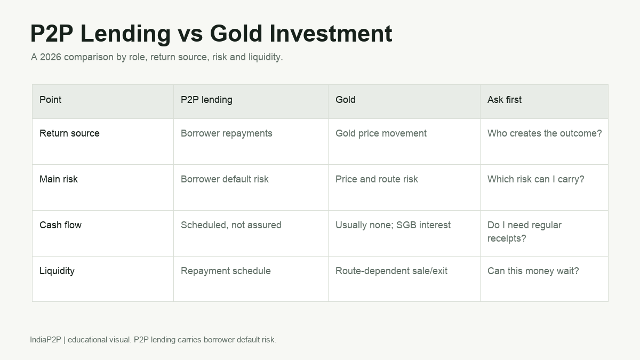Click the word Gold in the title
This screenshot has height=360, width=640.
click(x=236, y=34)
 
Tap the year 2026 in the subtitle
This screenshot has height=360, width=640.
click(x=51, y=57)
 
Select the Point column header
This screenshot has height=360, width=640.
click(x=50, y=100)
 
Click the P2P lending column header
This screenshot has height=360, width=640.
click(x=206, y=100)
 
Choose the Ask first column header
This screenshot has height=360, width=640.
click(x=505, y=100)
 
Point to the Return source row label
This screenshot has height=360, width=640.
click(x=69, y=133)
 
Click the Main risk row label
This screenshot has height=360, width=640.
click(x=59, y=179)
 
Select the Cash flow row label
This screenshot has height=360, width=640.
click(x=61, y=225)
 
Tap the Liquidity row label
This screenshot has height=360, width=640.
click(x=57, y=271)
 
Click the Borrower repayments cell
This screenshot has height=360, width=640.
click(x=227, y=133)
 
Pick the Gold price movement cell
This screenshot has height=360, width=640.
click(x=381, y=133)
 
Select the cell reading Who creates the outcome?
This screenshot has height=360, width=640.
click(x=545, y=133)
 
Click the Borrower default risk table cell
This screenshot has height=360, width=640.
click(x=225, y=179)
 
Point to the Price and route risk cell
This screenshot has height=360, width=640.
click(x=377, y=179)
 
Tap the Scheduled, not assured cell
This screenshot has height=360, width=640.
click(x=231, y=225)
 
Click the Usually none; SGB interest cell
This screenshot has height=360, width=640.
click(x=393, y=225)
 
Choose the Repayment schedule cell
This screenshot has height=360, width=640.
click(x=226, y=271)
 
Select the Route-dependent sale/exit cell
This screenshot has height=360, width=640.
click(x=391, y=271)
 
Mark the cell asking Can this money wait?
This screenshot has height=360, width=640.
click(x=533, y=271)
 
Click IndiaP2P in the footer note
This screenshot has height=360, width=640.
click(x=46, y=340)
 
